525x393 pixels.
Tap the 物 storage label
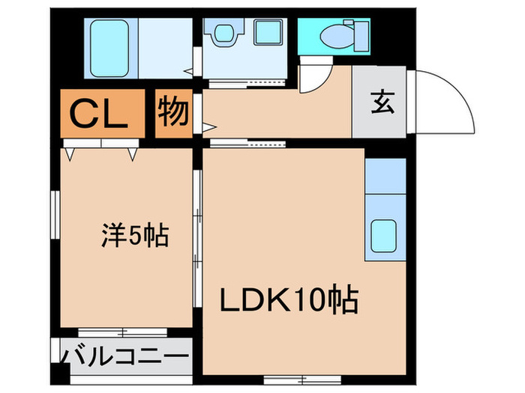173,114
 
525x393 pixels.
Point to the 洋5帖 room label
135,237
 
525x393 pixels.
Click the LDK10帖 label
289,301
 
